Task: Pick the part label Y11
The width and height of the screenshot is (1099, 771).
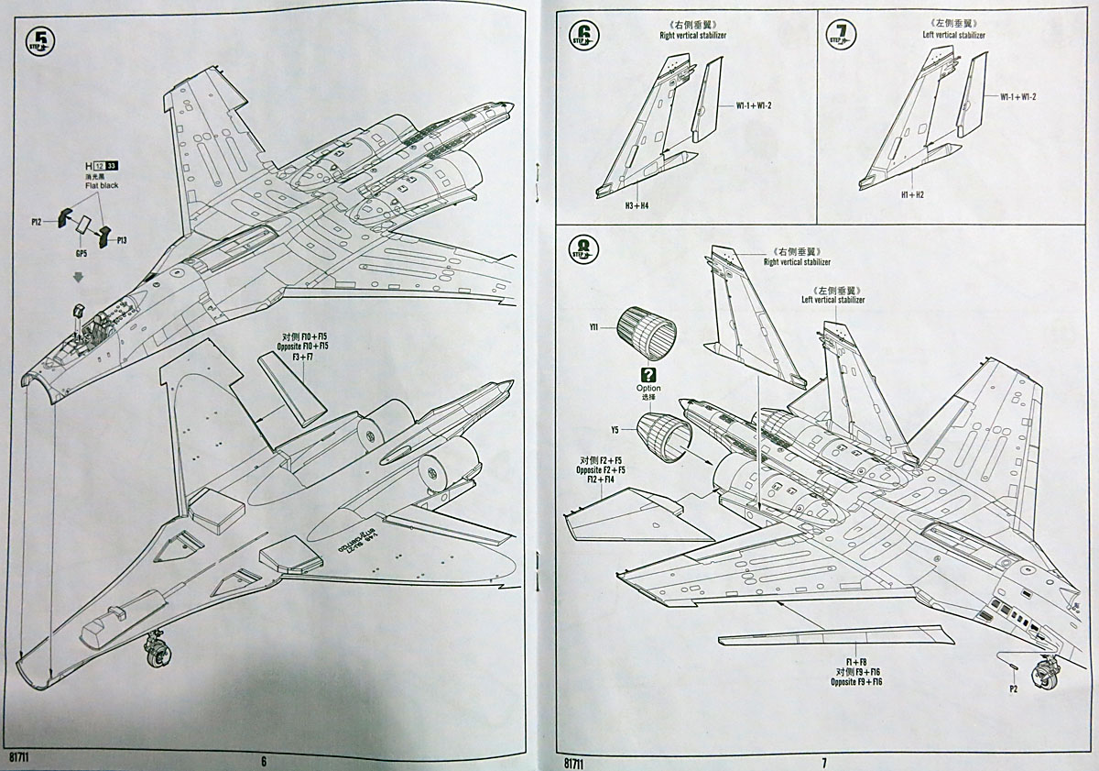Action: pyautogui.click(x=594, y=325)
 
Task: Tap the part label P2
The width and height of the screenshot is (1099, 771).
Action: pyautogui.click(x=1014, y=688)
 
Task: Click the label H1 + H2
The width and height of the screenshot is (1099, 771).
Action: pyautogui.click(x=885, y=194)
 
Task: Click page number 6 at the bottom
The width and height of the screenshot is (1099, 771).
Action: pyautogui.click(x=263, y=760)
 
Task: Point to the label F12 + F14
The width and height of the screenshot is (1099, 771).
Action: pyautogui.click(x=605, y=479)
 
